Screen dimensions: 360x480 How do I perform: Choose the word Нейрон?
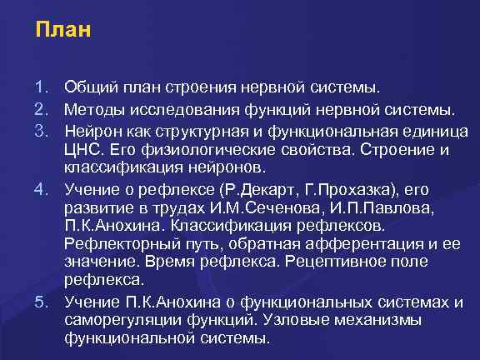[x=92, y=131]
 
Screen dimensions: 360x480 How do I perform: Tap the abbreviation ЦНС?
[x=82, y=150]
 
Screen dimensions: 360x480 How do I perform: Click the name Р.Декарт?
[x=248, y=187]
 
